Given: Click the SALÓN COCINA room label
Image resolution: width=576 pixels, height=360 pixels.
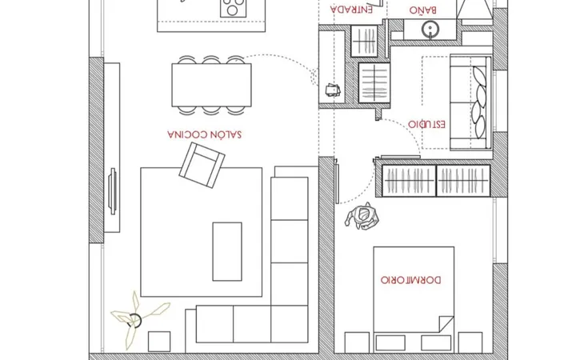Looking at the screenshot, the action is coord(205,134).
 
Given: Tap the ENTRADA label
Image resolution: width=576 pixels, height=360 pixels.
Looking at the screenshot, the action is coord(351,9).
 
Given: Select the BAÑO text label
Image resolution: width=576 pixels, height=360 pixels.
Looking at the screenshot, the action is coord(423,10).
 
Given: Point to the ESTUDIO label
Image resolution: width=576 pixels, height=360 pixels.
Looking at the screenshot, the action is coord(427,124).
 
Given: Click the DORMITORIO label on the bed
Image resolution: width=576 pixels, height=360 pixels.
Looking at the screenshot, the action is coord(410,280).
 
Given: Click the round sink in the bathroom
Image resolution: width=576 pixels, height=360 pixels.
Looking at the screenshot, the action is coord(430,30).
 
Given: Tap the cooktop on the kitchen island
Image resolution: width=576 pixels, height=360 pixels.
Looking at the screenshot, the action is coord(233,7).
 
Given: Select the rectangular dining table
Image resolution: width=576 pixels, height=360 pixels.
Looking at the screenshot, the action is coord(211,86).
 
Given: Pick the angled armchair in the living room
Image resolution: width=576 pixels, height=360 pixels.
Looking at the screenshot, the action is coord(202,166).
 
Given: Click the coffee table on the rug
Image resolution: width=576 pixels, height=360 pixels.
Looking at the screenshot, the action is coord(227,251).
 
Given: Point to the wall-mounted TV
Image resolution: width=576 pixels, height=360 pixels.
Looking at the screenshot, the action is coord(113,191).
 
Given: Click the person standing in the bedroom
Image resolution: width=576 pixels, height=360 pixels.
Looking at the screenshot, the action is coord(362,217).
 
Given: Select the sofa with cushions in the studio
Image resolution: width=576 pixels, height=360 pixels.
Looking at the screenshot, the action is coord(471,102).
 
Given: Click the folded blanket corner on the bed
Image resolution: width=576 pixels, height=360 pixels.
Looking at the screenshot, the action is coord(446,324).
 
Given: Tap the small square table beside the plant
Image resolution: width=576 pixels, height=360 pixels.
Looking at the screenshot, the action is coord(159,342).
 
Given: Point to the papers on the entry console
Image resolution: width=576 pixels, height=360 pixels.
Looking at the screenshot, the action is coord(333,90).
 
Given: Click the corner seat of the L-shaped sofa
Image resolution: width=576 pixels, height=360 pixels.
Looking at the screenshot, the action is coord(290,324).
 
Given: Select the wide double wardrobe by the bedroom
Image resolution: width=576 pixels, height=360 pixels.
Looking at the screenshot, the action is coord(437,181).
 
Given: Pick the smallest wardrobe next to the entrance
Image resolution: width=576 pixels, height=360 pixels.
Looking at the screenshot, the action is coord(365,41).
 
